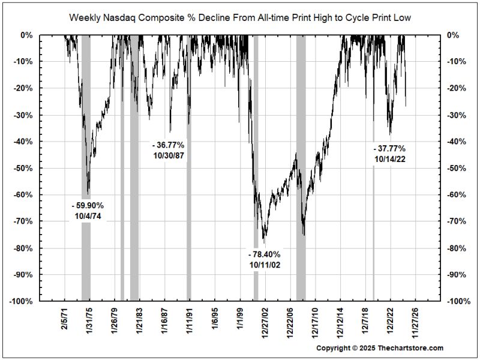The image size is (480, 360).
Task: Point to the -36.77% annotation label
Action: [x=168, y=145]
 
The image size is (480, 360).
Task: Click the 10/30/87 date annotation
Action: [x=168, y=155]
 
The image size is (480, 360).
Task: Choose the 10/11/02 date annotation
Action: [x=264, y=265]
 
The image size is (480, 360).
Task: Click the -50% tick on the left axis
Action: [x=23, y=168]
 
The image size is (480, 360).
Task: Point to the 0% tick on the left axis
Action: [x=27, y=35]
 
